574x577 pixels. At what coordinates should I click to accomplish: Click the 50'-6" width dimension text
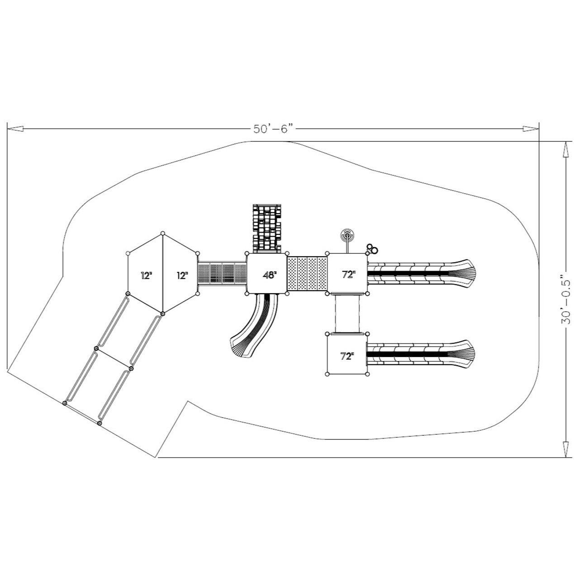[274, 129]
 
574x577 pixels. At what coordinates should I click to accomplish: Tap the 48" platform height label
[270, 275]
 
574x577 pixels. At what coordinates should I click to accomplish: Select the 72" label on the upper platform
[347, 274]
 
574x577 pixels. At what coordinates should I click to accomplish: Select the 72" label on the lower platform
[346, 356]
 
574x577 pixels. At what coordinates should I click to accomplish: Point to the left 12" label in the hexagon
[146, 275]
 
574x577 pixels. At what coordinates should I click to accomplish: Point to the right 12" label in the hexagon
[181, 275]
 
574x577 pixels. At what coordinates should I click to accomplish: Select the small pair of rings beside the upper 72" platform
[372, 248]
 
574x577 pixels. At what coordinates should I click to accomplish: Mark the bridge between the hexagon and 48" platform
[222, 273]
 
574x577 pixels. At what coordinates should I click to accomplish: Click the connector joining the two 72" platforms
[347, 313]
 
